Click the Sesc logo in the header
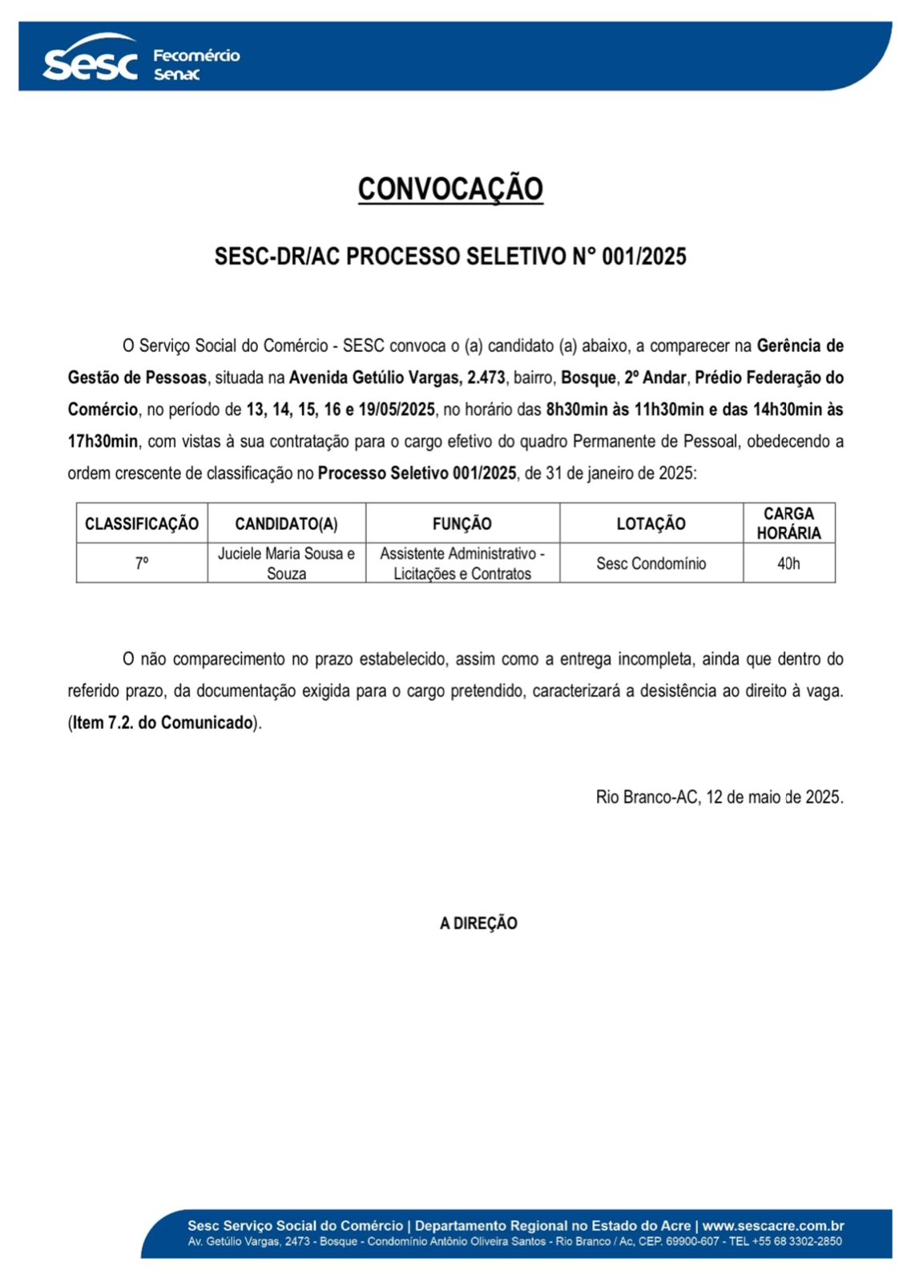pyautogui.click(x=90, y=61)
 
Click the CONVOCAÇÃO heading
pyautogui.click(x=450, y=189)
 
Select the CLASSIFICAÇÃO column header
pyautogui.click(x=142, y=524)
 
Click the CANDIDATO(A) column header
pyautogui.click(x=286, y=524)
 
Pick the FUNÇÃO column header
pyautogui.click(x=462, y=524)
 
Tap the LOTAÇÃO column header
pyautogui.click(x=651, y=524)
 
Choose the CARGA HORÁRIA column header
pyautogui.click(x=788, y=523)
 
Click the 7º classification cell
pyautogui.click(x=142, y=563)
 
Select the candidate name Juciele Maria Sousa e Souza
pyautogui.click(x=286, y=563)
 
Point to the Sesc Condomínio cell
pyautogui.click(x=651, y=563)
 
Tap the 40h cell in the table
pyautogui.click(x=788, y=563)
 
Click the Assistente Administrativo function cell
pyautogui.click(x=462, y=563)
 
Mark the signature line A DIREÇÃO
pyautogui.click(x=478, y=923)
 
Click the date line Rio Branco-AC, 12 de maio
pyautogui.click(x=719, y=797)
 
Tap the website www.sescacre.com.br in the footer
pyautogui.click(x=772, y=1226)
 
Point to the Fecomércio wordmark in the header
pyautogui.click(x=196, y=55)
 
